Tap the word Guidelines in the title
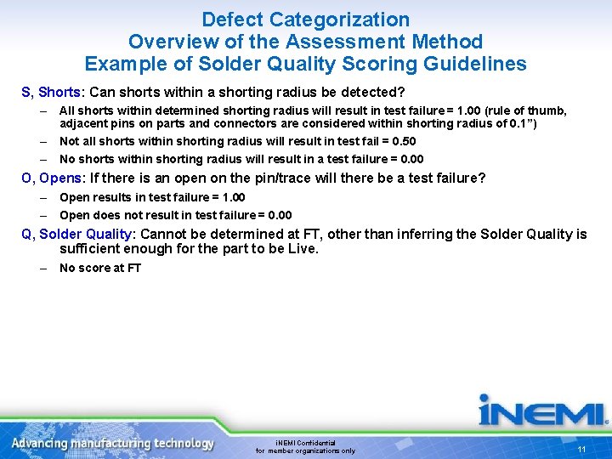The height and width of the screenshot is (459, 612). point(475,64)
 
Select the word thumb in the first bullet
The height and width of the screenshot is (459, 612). point(544,110)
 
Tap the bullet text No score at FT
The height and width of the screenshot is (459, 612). point(100,268)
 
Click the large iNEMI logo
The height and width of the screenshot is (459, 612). point(542,411)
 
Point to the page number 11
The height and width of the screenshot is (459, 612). point(581,450)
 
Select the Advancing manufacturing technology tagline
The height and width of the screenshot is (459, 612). point(113,443)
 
